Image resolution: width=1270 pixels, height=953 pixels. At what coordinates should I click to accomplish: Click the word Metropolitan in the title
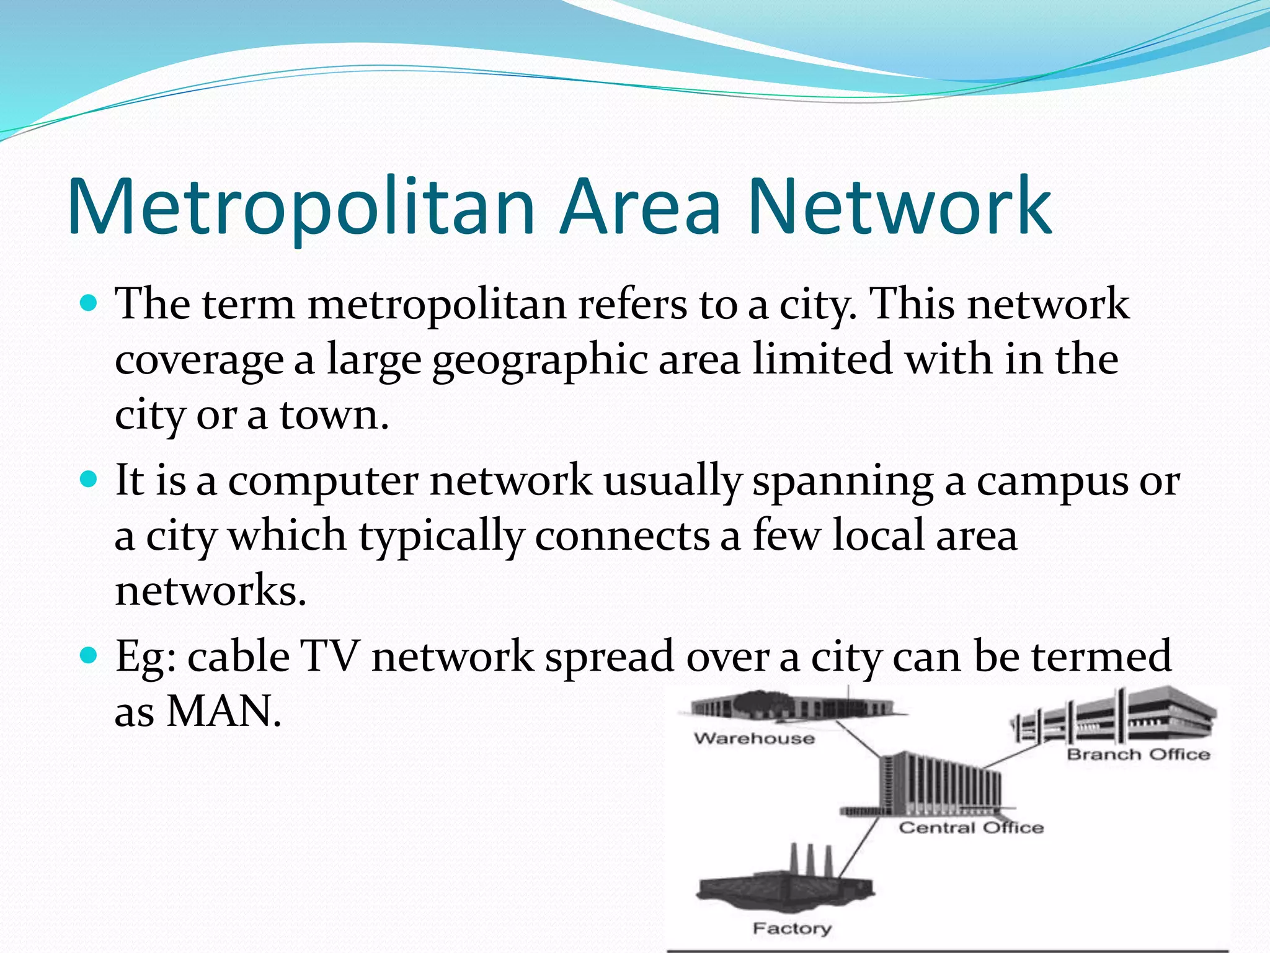tap(301, 208)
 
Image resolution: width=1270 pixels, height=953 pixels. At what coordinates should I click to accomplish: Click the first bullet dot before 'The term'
tap(90, 304)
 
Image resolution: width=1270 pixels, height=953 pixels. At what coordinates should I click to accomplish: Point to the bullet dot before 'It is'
tap(90, 480)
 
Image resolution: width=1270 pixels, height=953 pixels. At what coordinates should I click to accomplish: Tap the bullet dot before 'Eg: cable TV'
tap(90, 655)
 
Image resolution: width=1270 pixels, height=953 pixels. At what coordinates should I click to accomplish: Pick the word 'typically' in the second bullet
tap(441, 537)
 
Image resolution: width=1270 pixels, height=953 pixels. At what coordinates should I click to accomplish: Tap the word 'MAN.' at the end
tap(224, 711)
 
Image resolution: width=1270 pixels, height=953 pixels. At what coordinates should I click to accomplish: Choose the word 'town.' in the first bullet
tap(334, 415)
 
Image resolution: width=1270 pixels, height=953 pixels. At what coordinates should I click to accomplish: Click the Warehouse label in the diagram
tap(754, 738)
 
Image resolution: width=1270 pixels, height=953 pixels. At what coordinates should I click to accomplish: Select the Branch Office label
tap(1139, 754)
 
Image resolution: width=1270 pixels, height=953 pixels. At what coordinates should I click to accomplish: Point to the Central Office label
tap(971, 828)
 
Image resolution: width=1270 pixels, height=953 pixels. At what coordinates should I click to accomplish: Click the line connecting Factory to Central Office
tap(859, 848)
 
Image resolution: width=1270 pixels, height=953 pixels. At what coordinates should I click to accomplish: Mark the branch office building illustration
tap(1116, 717)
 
